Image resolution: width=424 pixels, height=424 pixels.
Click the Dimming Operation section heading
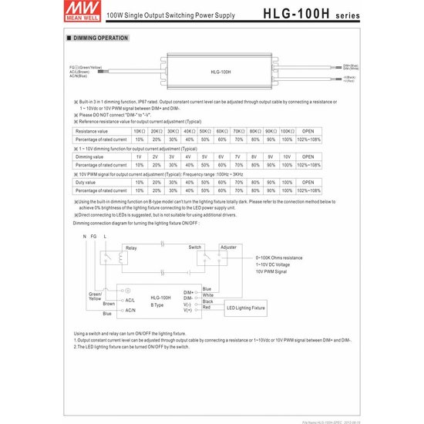pyautogui.click(x=101, y=37)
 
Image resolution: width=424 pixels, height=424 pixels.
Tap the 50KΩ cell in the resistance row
pyautogui.click(x=205, y=131)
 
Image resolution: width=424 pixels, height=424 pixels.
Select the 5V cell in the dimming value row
pyautogui.click(x=205, y=156)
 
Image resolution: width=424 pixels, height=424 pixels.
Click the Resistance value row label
pyautogui.click(x=92, y=131)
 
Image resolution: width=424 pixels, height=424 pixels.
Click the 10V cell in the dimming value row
pyautogui.click(x=286, y=156)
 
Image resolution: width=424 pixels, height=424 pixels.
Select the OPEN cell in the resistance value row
pyautogui.click(x=308, y=131)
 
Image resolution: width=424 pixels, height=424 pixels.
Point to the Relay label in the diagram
pyautogui.click(x=131, y=248)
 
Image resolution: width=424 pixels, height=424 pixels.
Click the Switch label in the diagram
pyautogui.click(x=195, y=247)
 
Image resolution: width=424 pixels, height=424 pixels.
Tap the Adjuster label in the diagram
pyautogui.click(x=228, y=247)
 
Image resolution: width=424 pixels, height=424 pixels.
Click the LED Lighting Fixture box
pyautogui.click(x=245, y=308)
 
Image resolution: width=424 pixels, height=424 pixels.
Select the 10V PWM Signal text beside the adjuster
pyautogui.click(x=271, y=272)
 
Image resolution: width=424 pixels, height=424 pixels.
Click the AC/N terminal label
pyautogui.click(x=130, y=310)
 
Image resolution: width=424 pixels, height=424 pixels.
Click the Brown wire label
pyautogui.click(x=109, y=304)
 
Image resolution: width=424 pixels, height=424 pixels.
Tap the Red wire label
pyautogui.click(x=207, y=308)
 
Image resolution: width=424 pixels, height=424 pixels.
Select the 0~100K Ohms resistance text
pyautogui.click(x=278, y=257)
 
